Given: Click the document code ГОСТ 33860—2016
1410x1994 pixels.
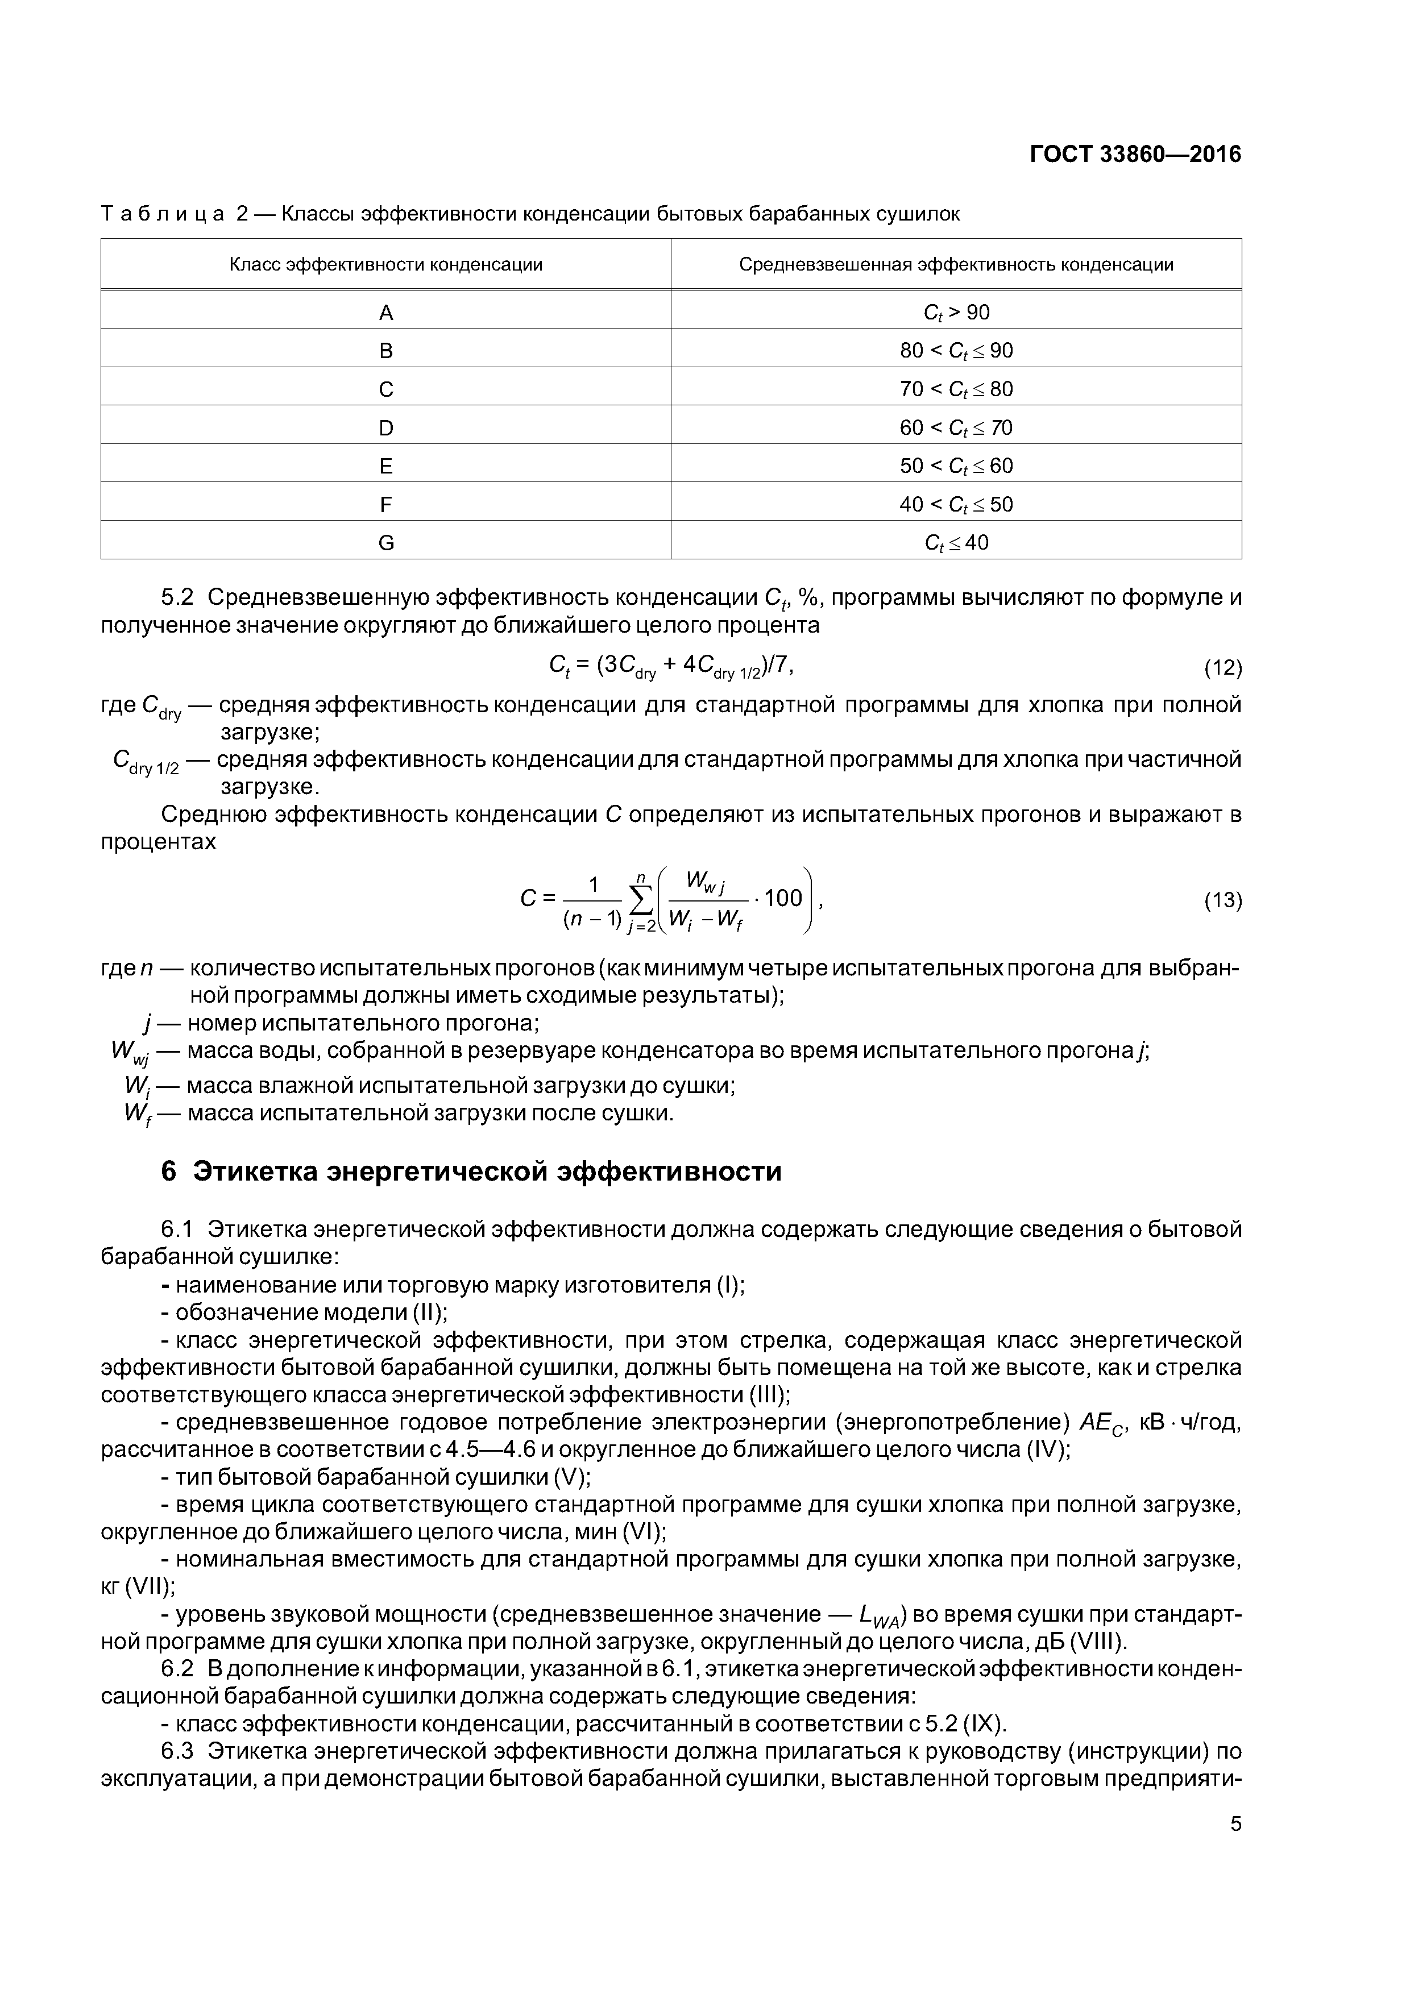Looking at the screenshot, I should (x=1135, y=155).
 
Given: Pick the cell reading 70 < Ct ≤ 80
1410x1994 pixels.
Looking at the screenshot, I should (x=956, y=389).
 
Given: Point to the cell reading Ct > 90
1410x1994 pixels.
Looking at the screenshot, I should (x=956, y=313).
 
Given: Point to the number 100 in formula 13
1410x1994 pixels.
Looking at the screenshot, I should (x=783, y=898).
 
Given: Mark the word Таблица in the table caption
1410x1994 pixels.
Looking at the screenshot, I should (x=163, y=214).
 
